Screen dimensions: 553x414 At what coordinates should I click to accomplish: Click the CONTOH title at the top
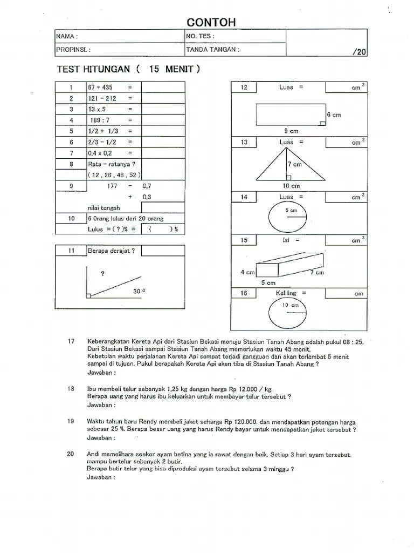tap(211, 22)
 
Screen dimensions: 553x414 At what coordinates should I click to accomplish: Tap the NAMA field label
tap(67, 37)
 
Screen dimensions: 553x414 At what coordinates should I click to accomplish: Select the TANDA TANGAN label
tap(212, 50)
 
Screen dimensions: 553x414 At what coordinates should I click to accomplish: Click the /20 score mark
tap(359, 52)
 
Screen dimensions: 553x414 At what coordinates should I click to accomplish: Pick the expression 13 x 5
tap(97, 109)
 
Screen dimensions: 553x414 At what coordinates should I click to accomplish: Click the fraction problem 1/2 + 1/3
tap(102, 131)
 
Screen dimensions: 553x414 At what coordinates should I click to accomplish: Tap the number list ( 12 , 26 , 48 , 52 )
tap(114, 175)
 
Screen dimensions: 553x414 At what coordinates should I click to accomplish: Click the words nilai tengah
tap(103, 208)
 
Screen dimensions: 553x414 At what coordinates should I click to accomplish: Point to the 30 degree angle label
tap(139, 291)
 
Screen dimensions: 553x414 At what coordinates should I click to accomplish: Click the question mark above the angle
tap(102, 274)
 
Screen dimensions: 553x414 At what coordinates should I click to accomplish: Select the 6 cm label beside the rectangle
tap(334, 115)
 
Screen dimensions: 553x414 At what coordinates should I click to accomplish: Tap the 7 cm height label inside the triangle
tap(294, 164)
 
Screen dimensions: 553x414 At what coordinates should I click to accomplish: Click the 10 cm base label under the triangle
tap(291, 186)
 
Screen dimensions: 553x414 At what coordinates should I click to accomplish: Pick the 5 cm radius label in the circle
tap(291, 210)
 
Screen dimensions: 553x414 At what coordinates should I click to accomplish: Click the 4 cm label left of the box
tap(247, 272)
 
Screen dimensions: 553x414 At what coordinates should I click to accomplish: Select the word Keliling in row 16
tap(287, 293)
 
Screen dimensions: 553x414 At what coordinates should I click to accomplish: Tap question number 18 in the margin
tap(71, 389)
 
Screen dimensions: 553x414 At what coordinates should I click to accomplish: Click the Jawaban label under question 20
tap(101, 477)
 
